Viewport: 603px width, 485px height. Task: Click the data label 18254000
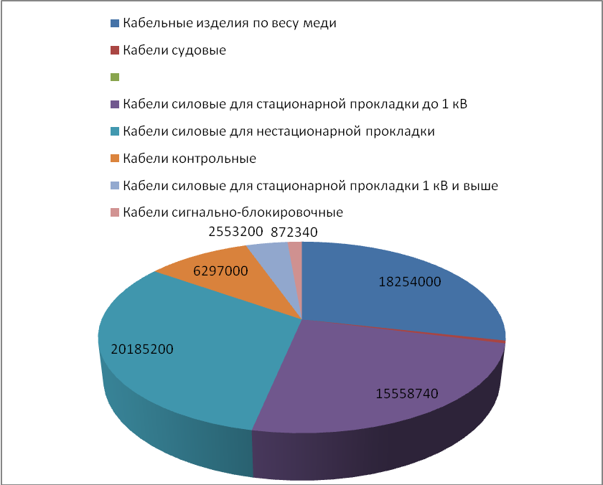pos(410,282)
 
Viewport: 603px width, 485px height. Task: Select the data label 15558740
pos(407,393)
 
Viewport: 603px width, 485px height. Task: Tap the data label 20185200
pos(142,349)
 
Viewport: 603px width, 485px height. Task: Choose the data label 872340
pos(294,232)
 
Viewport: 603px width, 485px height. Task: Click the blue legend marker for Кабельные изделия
pos(114,23)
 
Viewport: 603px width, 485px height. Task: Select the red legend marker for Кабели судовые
pos(114,50)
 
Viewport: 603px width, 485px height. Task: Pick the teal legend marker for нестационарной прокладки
pos(114,132)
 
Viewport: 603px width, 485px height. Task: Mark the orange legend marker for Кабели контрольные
pos(114,159)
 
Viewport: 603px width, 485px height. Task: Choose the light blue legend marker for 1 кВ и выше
pos(114,186)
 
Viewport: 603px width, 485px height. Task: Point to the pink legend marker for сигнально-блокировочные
pos(114,213)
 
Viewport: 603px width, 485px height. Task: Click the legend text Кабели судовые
pos(174,50)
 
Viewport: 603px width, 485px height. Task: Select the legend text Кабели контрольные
pos(190,159)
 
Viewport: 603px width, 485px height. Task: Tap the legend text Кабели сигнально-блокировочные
pos(233,213)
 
